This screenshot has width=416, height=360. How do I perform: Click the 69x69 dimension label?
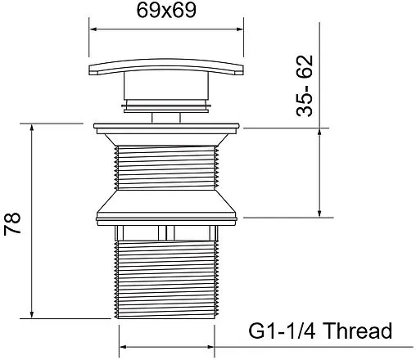tap(166, 11)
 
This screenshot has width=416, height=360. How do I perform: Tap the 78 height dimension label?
tap(12, 223)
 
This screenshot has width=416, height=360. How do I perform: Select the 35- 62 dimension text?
tap(305, 86)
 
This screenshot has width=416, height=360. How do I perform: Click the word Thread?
tap(359, 331)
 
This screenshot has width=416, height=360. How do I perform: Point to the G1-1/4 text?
tap(283, 331)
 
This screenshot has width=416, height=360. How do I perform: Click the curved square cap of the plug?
tap(166, 66)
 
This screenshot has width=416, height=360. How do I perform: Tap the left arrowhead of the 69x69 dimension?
tap(93, 29)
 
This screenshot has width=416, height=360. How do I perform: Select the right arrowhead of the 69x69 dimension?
tap(239, 29)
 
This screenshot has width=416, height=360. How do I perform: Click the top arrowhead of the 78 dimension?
tap(32, 128)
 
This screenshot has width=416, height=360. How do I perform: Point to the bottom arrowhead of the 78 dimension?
tap(32, 314)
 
